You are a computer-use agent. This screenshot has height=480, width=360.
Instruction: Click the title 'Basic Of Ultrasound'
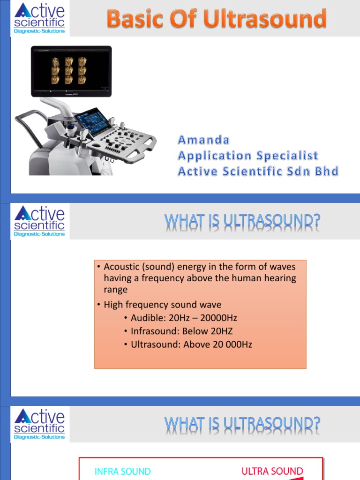(216, 19)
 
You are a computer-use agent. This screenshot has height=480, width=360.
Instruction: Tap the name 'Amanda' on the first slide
(203, 140)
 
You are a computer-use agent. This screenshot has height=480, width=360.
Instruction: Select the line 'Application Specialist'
(247, 156)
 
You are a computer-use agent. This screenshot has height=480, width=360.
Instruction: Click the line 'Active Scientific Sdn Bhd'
(258, 171)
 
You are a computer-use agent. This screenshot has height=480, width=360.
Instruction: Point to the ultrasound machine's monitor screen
(71, 71)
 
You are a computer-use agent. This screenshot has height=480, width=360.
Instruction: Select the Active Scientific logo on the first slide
(40, 18)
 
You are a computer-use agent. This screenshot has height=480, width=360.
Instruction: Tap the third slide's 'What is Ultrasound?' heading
(242, 425)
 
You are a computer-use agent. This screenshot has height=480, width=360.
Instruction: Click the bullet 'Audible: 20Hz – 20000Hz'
(184, 318)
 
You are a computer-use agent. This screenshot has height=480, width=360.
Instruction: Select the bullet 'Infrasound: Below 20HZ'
(181, 331)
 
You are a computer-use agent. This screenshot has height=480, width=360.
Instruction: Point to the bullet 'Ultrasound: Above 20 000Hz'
(191, 345)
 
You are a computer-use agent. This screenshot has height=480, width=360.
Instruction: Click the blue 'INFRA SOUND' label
(123, 472)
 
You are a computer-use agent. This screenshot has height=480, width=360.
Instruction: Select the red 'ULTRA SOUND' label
(272, 471)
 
